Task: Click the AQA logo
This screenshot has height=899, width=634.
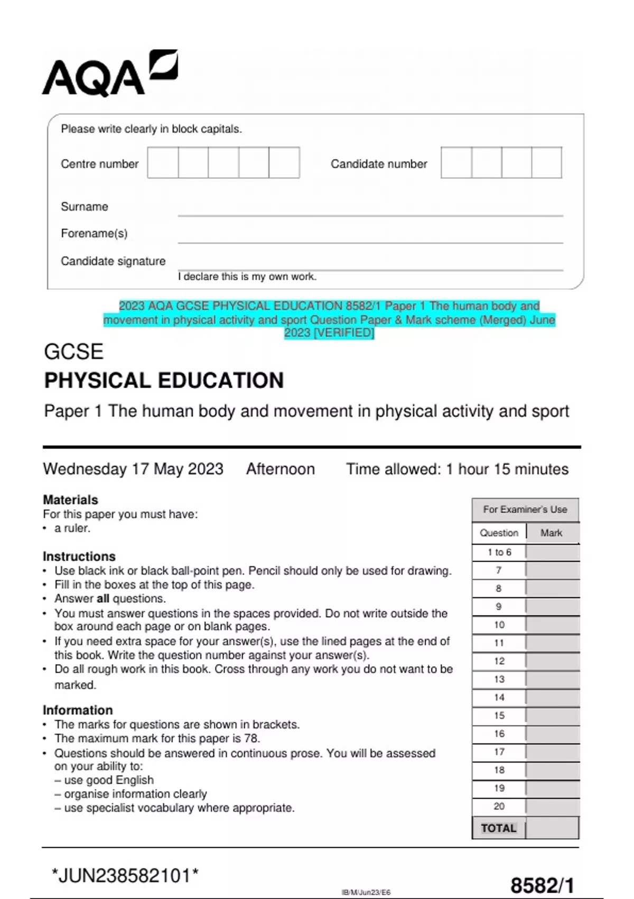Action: pyautogui.click(x=109, y=74)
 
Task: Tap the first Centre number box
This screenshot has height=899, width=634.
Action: pyautogui.click(x=163, y=162)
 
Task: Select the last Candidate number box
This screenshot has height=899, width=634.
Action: pyautogui.click(x=546, y=162)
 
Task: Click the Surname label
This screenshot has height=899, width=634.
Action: pyautogui.click(x=85, y=207)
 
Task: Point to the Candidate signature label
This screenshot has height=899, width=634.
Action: pyautogui.click(x=113, y=261)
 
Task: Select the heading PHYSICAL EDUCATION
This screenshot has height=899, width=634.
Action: pyautogui.click(x=164, y=381)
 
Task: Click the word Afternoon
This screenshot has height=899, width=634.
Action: pyautogui.click(x=280, y=469)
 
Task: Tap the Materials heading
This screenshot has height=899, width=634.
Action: pyautogui.click(x=70, y=500)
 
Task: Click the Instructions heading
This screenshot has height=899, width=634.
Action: pyautogui.click(x=79, y=556)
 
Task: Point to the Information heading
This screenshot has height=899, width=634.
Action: pyautogui.click(x=78, y=710)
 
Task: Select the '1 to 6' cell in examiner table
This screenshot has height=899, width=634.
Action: pyautogui.click(x=499, y=552)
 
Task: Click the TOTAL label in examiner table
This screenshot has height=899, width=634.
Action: pyautogui.click(x=498, y=828)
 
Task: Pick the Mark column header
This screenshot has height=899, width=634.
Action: pyautogui.click(x=551, y=533)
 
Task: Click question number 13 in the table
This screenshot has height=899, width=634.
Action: pyautogui.click(x=499, y=679)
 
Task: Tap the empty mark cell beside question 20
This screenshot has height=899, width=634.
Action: pyautogui.click(x=552, y=806)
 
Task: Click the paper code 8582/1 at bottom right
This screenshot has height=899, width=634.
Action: pyautogui.click(x=542, y=886)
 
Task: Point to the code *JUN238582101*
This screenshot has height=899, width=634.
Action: pyautogui.click(x=125, y=876)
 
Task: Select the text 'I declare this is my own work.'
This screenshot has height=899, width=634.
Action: pyautogui.click(x=247, y=277)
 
